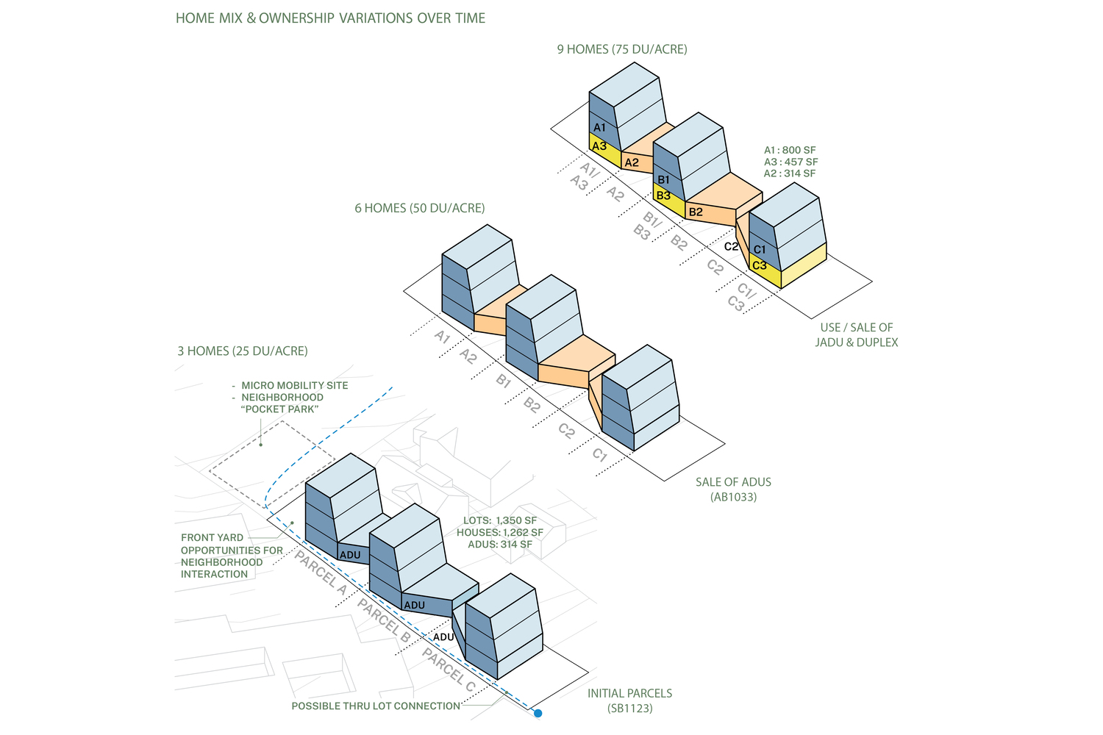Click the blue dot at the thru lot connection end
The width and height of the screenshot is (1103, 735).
538,713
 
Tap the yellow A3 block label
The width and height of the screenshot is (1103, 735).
599,146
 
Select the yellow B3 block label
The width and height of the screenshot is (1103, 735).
663,196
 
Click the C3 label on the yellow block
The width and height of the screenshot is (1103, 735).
760,265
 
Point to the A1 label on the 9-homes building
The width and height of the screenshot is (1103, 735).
599,128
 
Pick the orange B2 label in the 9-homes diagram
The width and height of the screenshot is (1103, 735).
696,212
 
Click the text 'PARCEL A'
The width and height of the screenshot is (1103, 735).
321,573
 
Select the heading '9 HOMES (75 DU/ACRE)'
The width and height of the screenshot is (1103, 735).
622,49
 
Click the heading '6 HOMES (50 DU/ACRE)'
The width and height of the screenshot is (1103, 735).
420,208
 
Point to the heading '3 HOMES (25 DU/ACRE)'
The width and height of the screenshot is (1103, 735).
243,351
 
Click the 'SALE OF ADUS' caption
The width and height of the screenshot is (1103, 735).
733,482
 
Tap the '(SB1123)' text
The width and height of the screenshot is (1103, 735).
630,709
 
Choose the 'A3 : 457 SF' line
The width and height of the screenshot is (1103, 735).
790,162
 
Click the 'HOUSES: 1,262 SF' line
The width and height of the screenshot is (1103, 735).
500,533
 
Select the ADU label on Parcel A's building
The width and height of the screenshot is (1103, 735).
350,555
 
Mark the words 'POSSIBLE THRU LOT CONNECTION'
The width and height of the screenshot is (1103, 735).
376,706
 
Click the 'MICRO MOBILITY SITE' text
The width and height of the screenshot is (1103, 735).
295,385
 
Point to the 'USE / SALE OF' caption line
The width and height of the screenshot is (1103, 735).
857,328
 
